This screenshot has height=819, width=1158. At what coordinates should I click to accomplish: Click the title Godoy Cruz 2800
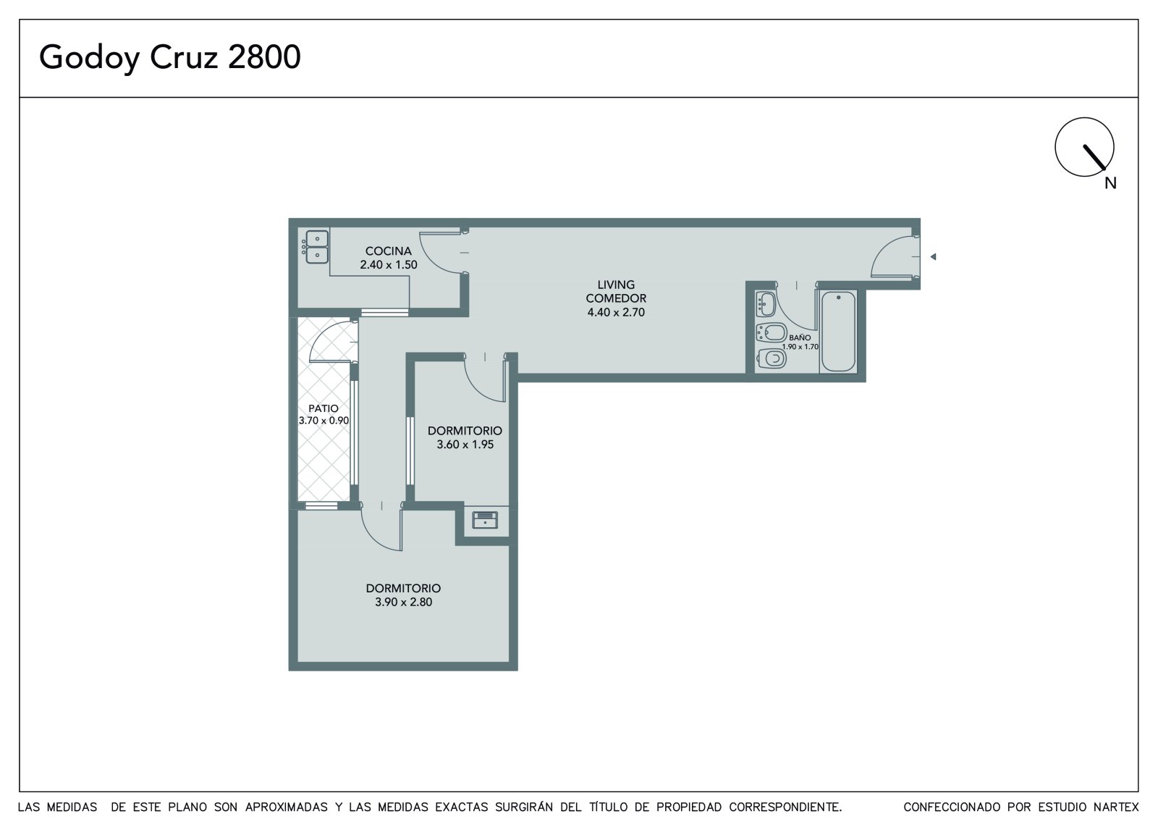click(169, 57)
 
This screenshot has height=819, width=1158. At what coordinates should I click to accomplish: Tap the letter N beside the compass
click(1110, 183)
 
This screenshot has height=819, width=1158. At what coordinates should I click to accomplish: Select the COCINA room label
click(388, 251)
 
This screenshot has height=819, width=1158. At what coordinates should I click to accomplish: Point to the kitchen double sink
click(317, 247)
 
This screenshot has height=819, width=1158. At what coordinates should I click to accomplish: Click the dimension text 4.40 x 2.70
click(616, 312)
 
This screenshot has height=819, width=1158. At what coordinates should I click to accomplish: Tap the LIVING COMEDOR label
click(616, 291)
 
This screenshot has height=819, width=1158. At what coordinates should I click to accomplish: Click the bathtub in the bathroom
click(838, 331)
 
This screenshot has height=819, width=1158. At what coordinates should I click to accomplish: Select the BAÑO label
click(800, 337)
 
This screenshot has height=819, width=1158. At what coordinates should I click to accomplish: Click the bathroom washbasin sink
click(766, 303)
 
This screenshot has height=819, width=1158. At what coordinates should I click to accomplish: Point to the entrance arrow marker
click(933, 256)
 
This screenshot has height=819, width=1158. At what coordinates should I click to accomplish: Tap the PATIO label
click(324, 408)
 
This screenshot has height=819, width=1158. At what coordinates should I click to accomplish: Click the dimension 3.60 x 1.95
click(465, 445)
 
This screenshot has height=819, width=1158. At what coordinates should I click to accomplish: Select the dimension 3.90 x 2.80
click(403, 602)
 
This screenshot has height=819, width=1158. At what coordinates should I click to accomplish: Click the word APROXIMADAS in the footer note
click(287, 807)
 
